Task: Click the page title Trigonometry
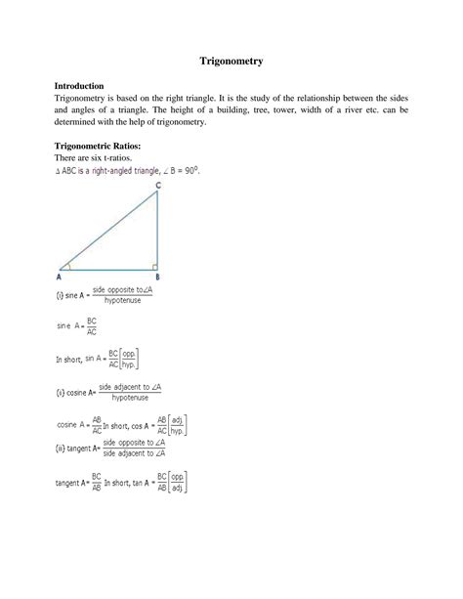coord(231,61)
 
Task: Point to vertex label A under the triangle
coord(61,277)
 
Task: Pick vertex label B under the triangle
coord(157,277)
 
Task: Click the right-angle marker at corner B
coord(154,265)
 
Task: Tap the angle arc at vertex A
coord(69,265)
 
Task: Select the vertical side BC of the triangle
coord(158,230)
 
